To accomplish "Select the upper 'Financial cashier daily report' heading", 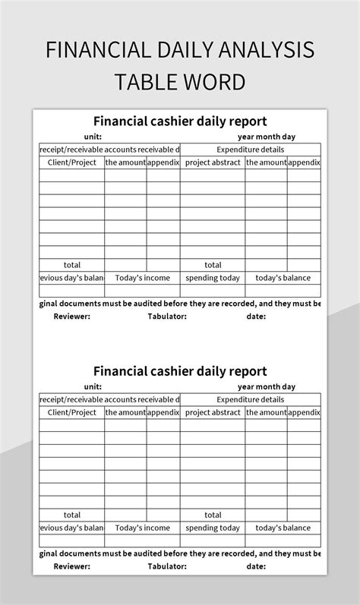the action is click(180, 121).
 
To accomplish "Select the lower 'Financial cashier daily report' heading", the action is click(180, 371).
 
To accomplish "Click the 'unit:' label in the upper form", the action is click(93, 137).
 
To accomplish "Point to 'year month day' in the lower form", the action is click(266, 386).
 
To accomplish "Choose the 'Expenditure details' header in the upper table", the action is click(250, 150).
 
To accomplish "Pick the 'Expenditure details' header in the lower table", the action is click(250, 399).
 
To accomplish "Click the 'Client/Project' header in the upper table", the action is click(72, 162).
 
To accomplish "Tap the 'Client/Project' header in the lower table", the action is click(72, 412).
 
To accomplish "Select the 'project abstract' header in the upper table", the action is click(213, 162).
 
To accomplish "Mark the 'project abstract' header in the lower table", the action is click(213, 412).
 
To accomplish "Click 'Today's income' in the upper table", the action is click(142, 278).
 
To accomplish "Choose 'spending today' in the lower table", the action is click(213, 528).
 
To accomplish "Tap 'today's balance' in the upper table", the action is click(283, 278).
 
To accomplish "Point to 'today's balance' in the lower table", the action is click(283, 528).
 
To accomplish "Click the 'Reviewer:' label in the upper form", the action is click(72, 317).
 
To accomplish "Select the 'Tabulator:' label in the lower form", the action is click(167, 566).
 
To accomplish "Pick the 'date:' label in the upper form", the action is click(256, 317).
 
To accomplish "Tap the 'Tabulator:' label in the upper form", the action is click(167, 317).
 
